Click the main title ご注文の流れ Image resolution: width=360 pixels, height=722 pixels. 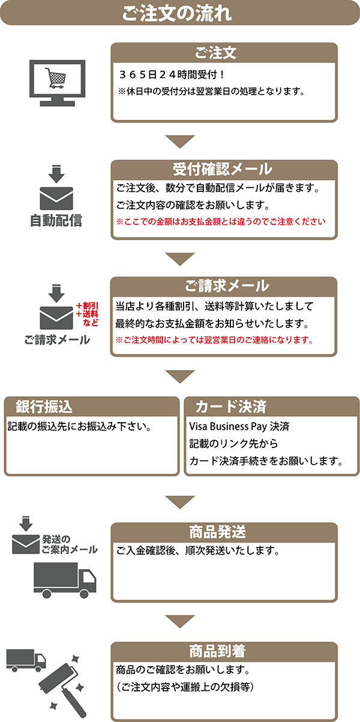(177, 13)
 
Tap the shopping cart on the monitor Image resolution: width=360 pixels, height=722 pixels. (55, 78)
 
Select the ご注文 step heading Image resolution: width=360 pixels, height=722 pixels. (215, 53)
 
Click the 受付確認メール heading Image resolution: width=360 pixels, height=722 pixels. (223, 169)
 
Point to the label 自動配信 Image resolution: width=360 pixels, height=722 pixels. (56, 221)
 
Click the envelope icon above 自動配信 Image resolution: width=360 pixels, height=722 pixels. (56, 198)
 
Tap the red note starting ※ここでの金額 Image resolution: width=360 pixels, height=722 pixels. (221, 222)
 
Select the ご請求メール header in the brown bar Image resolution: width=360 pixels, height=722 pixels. (227, 286)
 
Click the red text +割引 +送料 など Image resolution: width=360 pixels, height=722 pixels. (87, 314)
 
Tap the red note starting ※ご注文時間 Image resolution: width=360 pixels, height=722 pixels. (215, 340)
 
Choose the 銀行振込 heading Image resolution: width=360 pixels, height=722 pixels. (44, 407)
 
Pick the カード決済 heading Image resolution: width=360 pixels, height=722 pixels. (231, 407)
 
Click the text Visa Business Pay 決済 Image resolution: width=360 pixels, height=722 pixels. (239, 426)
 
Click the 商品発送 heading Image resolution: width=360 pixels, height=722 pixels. (217, 532)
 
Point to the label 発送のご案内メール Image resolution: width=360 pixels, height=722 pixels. (70, 544)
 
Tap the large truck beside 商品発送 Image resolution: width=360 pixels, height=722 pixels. (65, 580)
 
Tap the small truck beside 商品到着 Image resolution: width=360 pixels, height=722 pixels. (26, 660)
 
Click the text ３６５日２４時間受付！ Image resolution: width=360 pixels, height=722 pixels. (172, 75)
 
